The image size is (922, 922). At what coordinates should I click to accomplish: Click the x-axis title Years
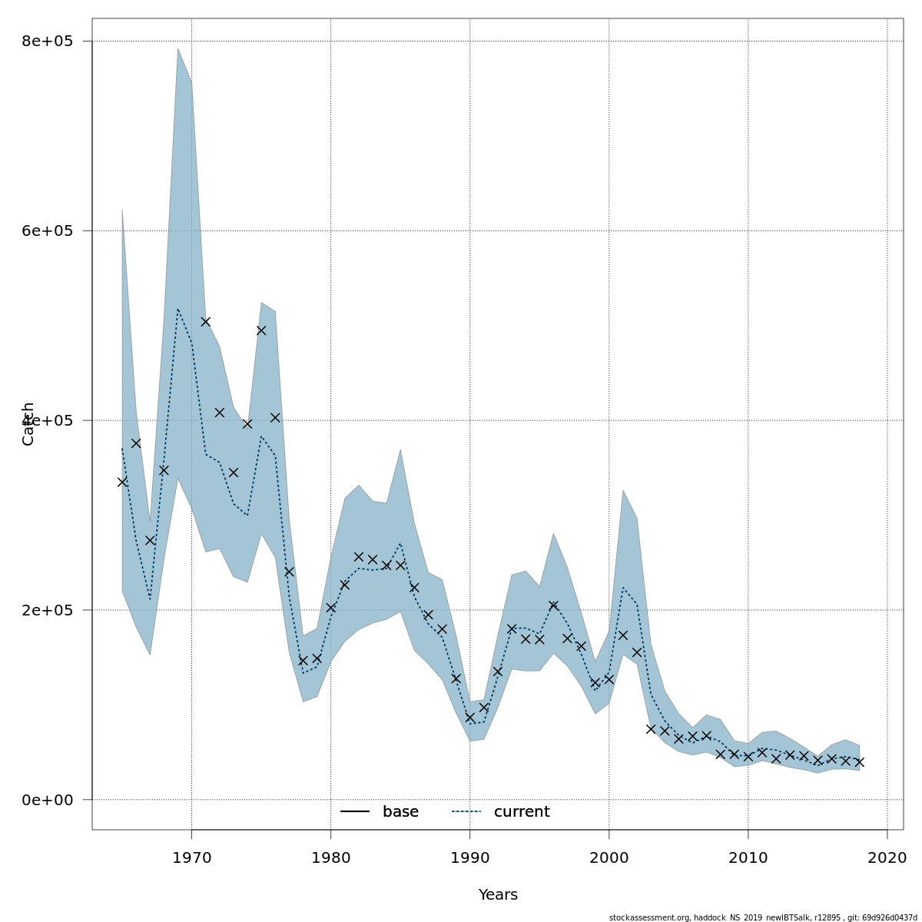(498, 895)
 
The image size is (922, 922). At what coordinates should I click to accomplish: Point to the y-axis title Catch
(28, 423)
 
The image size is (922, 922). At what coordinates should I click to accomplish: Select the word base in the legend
(400, 812)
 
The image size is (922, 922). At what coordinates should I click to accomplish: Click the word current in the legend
(522, 812)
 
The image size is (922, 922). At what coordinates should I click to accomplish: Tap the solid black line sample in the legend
(355, 812)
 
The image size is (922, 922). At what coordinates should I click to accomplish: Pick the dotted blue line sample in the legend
(466, 812)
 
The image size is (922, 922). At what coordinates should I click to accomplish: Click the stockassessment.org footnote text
(762, 917)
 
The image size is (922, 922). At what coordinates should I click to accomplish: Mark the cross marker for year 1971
(205, 322)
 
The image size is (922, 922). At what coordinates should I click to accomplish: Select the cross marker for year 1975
(261, 330)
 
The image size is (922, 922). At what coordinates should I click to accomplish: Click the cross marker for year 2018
(859, 762)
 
